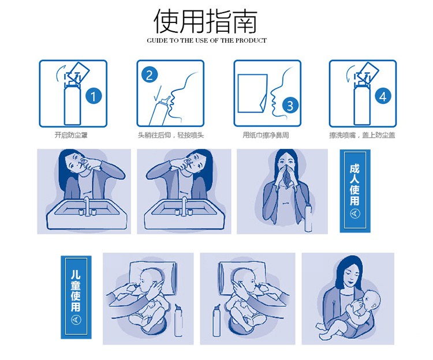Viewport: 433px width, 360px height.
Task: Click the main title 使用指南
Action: pos(206,21)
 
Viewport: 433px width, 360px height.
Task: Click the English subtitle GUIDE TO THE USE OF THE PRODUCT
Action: pos(207,41)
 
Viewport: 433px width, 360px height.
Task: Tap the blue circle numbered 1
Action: pos(92,96)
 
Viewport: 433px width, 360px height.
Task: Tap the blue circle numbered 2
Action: pos(150,74)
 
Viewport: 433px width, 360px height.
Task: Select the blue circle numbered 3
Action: pos(290,105)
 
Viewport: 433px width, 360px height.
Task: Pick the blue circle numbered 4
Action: pos(383,96)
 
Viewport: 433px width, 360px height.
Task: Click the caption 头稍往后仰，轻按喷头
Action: pos(171,135)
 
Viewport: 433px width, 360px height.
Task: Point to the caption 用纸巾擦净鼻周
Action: pos(267,135)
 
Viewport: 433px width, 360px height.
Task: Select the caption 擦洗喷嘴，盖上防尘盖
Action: pos(362,135)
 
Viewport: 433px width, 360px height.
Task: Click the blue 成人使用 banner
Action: pos(354,190)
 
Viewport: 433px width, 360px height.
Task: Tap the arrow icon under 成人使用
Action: pos(354,214)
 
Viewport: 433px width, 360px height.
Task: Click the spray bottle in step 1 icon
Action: pos(72,101)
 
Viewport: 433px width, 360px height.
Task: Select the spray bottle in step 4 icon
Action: pos(363,101)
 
